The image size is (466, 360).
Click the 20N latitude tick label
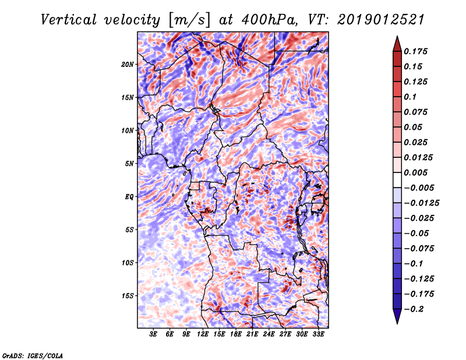[x=127, y=65]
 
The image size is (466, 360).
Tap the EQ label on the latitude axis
[x=129, y=197]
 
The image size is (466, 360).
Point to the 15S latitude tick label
[x=127, y=296]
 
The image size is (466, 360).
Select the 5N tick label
[x=129, y=164]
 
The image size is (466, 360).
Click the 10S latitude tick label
[x=127, y=263]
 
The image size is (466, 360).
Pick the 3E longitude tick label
[x=153, y=334]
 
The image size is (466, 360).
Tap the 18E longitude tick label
[x=236, y=334]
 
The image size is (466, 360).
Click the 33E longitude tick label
[x=318, y=334]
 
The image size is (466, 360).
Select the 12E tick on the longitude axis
[x=203, y=334]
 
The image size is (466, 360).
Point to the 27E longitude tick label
[x=285, y=334]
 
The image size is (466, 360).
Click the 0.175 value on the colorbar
[x=415, y=51]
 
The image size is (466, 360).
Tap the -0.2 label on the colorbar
[x=414, y=309]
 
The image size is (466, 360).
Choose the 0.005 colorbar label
[x=415, y=172]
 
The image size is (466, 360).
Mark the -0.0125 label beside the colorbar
[x=421, y=203]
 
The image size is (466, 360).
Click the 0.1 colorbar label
[x=410, y=97]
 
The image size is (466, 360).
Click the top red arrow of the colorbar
[x=397, y=44]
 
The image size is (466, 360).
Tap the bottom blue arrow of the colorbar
[x=397, y=316]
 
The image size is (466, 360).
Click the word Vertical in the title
[x=69, y=20]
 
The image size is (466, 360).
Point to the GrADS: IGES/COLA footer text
[x=33, y=355]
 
